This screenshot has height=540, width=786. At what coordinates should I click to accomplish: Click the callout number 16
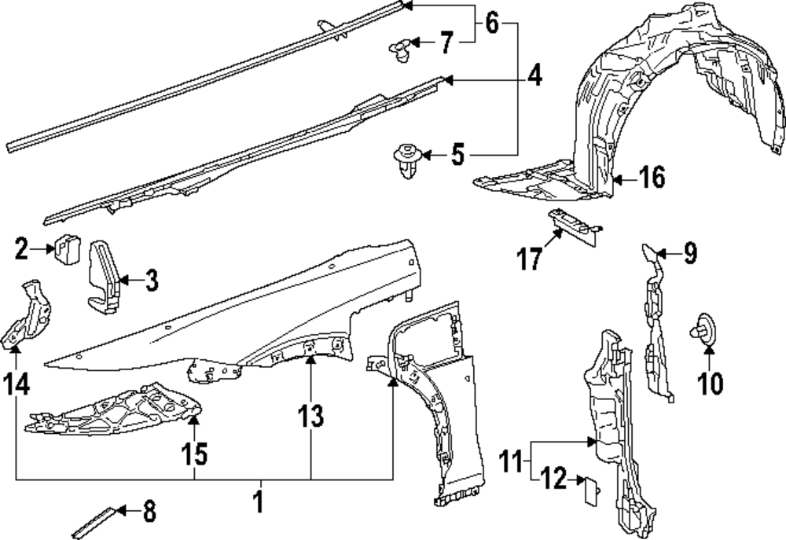point(651,178)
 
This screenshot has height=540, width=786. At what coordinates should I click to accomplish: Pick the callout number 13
point(310,418)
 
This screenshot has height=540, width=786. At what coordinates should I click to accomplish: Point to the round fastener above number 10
point(704,329)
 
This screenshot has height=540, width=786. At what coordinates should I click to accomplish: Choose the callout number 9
point(689,253)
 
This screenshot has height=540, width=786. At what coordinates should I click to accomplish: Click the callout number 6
point(491,24)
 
